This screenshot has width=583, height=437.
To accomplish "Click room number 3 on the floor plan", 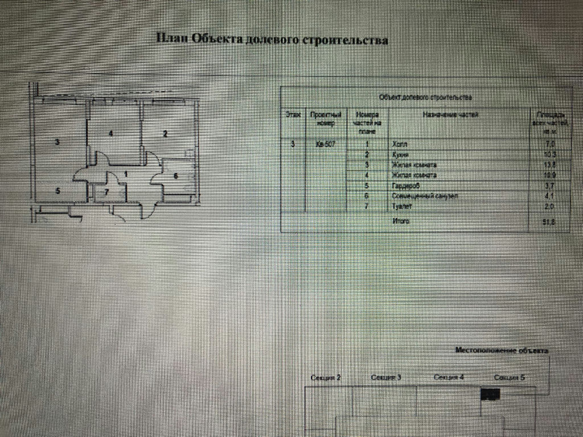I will click(x=57, y=142).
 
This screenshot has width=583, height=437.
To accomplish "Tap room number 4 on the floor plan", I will click(x=112, y=134).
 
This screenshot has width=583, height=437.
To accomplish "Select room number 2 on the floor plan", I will click(x=165, y=134).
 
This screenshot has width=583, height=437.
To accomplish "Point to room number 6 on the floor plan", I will click(x=175, y=176).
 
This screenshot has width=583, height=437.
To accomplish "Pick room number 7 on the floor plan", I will click(x=106, y=192).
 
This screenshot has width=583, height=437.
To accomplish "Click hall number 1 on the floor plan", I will click(x=126, y=174).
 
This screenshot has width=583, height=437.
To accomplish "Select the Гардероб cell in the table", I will click(x=407, y=185).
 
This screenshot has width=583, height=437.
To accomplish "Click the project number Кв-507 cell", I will click(x=326, y=145).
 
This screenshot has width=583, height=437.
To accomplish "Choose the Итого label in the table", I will click(x=401, y=221).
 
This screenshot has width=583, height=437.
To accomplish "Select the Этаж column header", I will click(x=293, y=114).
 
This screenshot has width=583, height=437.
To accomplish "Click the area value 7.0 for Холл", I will click(x=550, y=145).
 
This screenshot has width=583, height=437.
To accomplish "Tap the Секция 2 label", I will click(x=326, y=378).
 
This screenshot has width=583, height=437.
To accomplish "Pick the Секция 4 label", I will click(x=449, y=377).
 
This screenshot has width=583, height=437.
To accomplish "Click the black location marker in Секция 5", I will click(x=490, y=394).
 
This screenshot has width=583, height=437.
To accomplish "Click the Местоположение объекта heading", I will click(x=502, y=351).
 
